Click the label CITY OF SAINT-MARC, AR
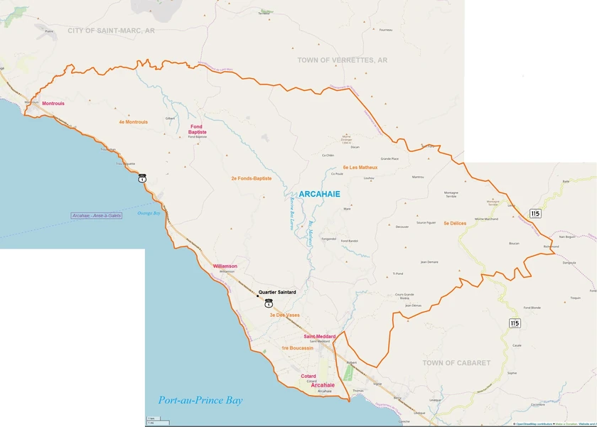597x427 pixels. [x=110, y=31]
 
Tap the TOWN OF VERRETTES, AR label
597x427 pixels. [x=342, y=60]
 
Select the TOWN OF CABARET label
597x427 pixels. [x=456, y=363]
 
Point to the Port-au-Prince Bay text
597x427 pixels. [x=200, y=400]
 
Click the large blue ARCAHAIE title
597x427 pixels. [x=319, y=194]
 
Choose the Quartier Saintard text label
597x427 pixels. [x=277, y=292]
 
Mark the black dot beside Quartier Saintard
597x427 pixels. [x=257, y=296]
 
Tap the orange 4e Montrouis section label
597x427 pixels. [x=134, y=122]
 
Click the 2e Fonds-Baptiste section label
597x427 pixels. [x=251, y=178]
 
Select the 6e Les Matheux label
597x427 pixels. [x=360, y=168]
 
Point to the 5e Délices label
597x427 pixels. [x=455, y=223]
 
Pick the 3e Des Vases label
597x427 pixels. [x=284, y=314]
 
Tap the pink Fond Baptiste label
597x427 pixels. [x=198, y=129]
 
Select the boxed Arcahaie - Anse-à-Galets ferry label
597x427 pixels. [x=97, y=215]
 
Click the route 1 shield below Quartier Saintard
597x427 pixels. [x=268, y=303]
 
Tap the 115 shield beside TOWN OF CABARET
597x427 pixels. [x=515, y=323]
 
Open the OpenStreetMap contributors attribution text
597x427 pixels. [x=533, y=424]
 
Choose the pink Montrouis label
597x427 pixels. [x=53, y=104]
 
